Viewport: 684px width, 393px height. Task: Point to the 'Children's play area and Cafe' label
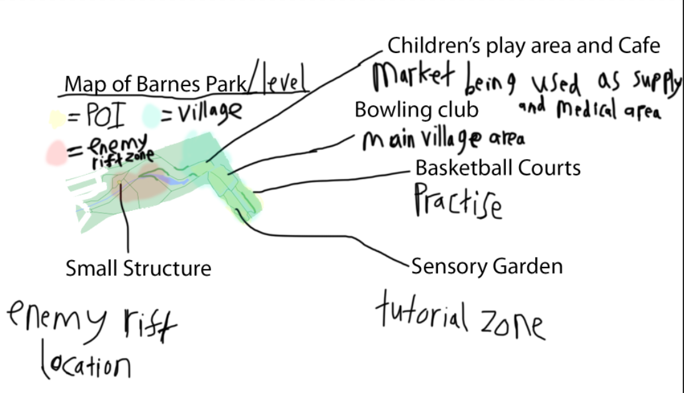click(x=523, y=46)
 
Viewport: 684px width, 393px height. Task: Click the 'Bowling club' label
click(x=417, y=110)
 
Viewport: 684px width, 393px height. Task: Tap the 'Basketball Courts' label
click(x=498, y=168)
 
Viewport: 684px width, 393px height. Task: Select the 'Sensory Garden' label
click(x=487, y=266)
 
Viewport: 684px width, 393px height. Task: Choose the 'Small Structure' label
click(x=139, y=269)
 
